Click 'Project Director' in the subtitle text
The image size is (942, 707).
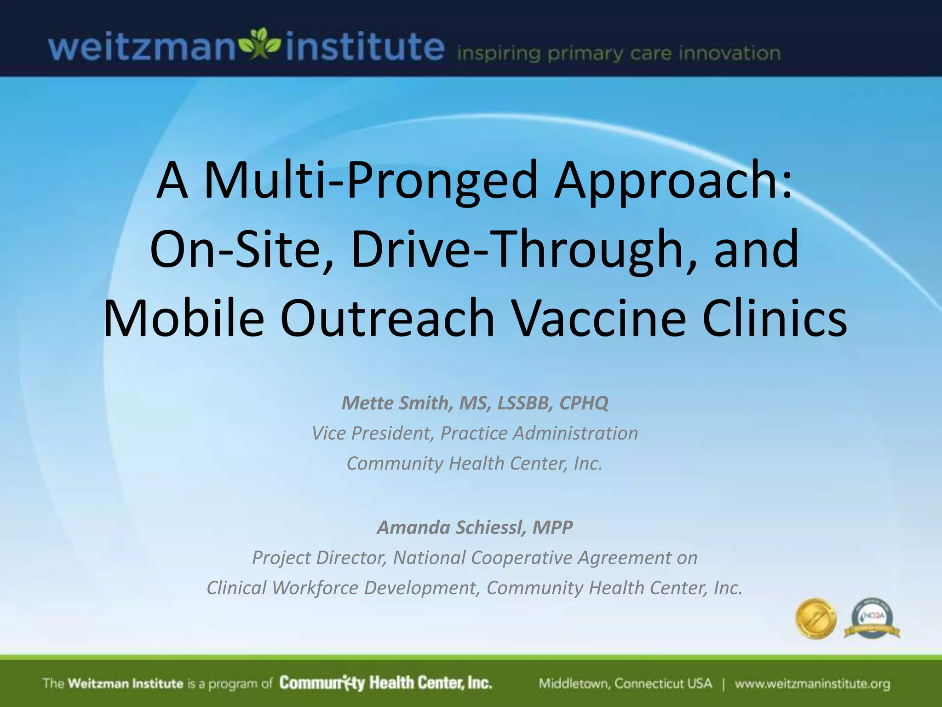[x=319, y=557]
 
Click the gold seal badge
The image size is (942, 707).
[x=816, y=618]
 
